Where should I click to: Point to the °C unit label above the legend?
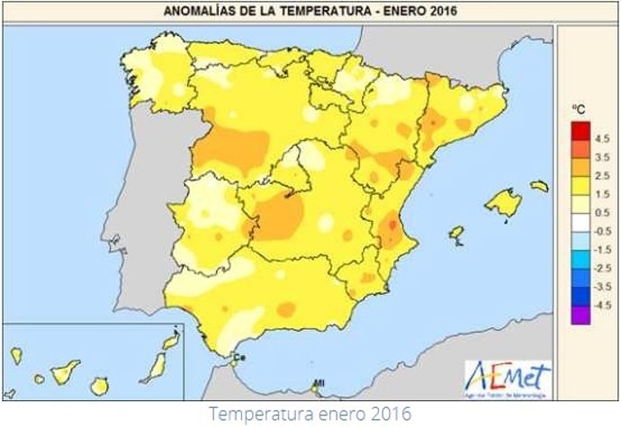pos(579,110)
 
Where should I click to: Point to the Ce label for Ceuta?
pos(240,359)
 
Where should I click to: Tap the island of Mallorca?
pos(503,203)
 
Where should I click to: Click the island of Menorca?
pos(539,186)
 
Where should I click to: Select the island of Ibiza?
pos(456,232)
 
